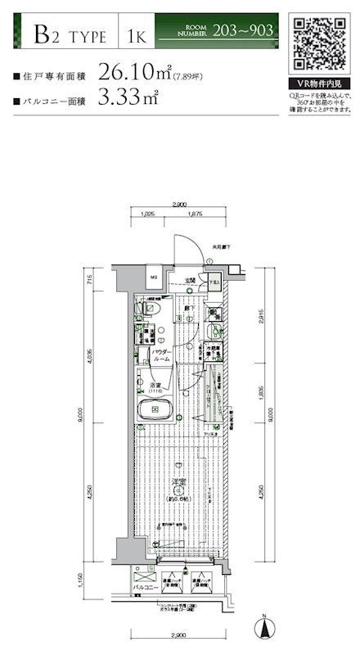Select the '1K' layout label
(136, 34)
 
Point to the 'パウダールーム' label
(161, 355)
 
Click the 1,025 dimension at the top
(148, 215)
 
